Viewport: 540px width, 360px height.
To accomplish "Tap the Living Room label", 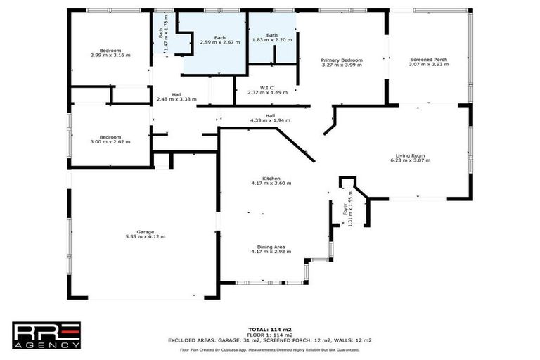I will pos(413,157).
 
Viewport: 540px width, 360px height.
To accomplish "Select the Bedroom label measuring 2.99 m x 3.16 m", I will pos(110,53).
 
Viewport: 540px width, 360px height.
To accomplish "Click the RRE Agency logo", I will pos(46,335).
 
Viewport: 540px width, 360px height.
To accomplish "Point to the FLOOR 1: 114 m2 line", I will pos(269,335).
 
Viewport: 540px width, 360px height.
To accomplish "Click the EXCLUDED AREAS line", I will pos(269,340).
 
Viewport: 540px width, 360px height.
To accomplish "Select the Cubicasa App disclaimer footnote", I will pos(269,349).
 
